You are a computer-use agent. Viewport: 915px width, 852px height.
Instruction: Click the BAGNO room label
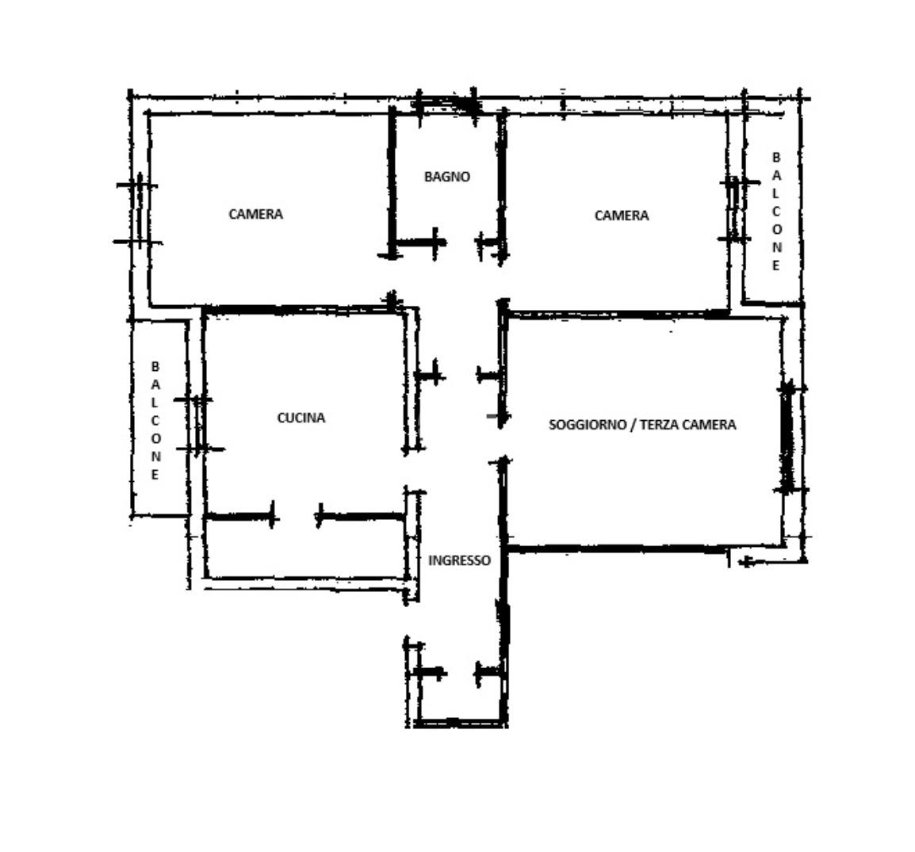coord(447,177)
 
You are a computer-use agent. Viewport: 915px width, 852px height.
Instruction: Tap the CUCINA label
coord(301,418)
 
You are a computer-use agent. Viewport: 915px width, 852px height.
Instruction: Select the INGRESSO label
coord(459,560)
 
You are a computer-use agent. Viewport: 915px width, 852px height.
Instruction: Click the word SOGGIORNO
coord(587,425)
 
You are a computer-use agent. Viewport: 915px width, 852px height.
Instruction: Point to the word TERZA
coord(659,425)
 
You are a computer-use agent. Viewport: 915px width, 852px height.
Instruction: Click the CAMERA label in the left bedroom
coord(255,214)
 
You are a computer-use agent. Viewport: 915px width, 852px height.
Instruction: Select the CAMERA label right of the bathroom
coord(622,216)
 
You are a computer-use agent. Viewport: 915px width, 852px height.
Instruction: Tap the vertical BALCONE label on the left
coord(155,421)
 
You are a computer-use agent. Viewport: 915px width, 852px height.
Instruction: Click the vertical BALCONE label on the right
coord(776,211)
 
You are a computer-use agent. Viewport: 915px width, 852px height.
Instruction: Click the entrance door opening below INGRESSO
coord(459,672)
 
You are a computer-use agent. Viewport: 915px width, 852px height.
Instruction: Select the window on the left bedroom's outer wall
coord(140,213)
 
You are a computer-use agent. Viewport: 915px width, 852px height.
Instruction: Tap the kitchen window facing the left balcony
coord(199,425)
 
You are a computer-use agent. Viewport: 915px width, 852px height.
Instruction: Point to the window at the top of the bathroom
coord(446,105)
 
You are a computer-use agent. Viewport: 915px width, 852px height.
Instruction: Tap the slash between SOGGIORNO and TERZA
coord(633,425)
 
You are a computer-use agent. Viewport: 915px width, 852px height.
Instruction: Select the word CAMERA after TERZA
coord(708,425)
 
